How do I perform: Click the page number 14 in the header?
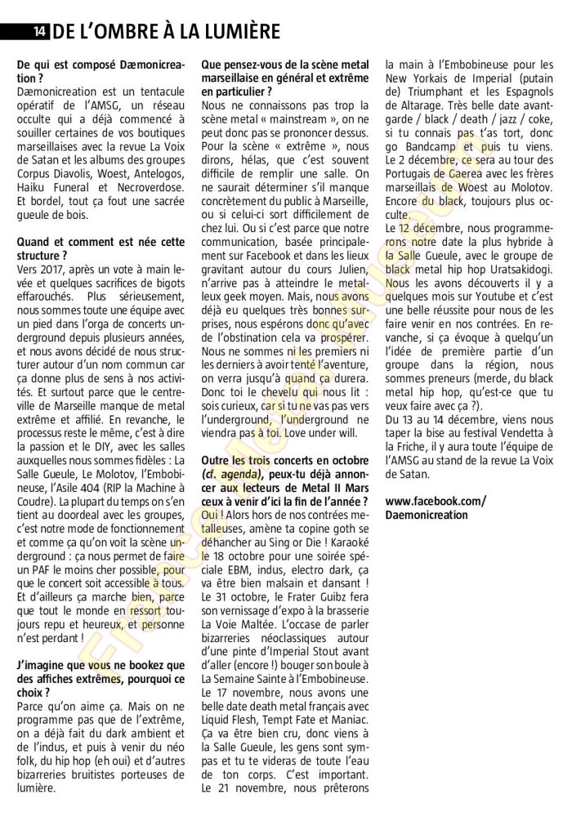pos(39,33)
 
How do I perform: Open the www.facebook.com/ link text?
pos(434,500)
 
